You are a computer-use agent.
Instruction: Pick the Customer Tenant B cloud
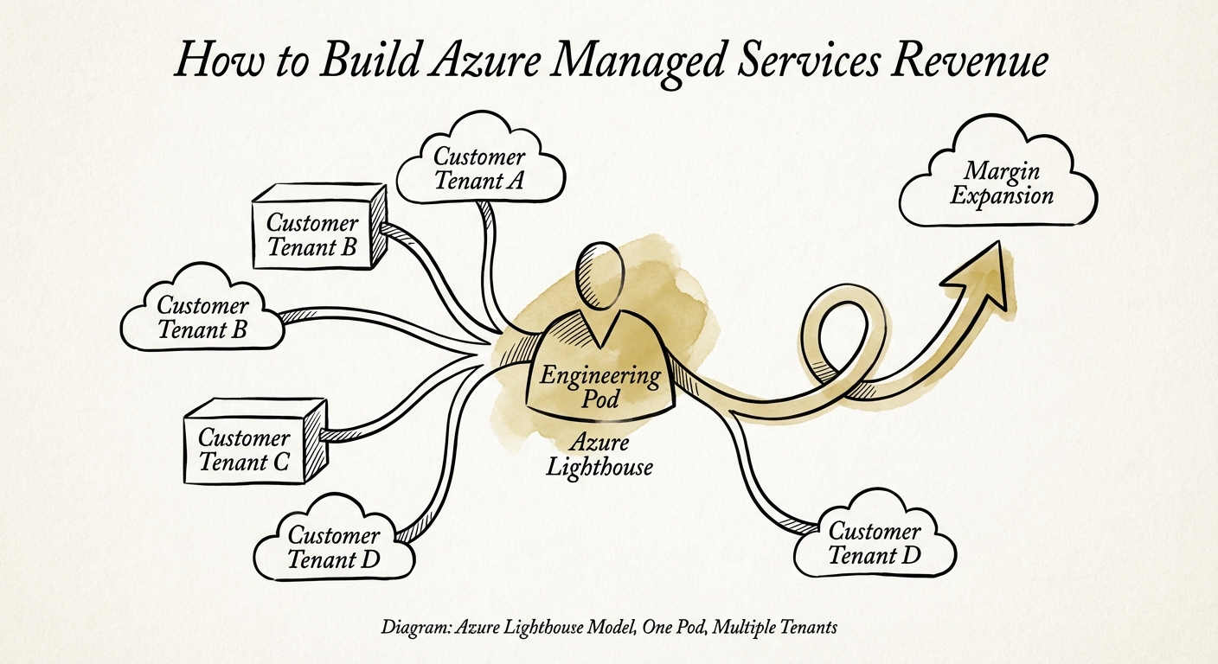tap(202, 316)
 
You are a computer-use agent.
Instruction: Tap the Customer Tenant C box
tap(246, 450)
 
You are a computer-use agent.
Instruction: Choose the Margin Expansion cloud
tap(998, 182)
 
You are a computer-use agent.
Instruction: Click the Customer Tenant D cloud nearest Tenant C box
tap(334, 546)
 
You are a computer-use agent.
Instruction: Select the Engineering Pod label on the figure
tap(600, 386)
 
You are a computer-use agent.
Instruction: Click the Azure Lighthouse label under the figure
tap(599, 456)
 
